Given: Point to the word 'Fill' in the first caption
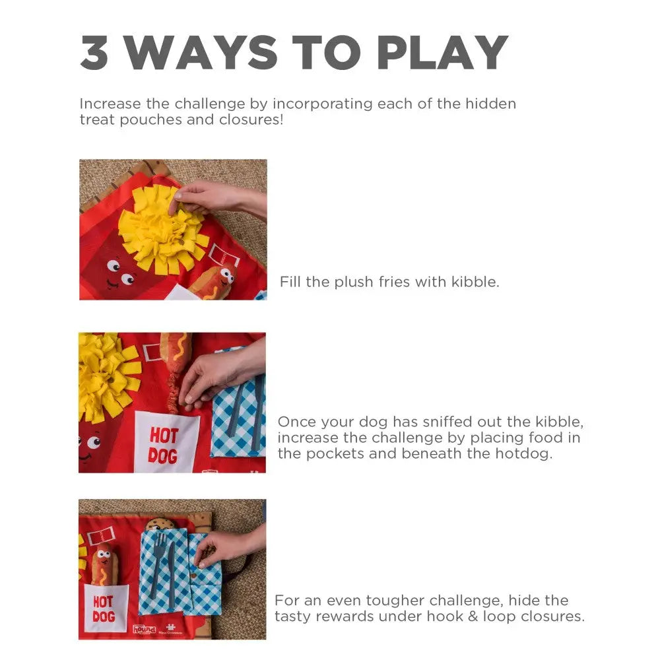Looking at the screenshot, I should pyautogui.click(x=290, y=282).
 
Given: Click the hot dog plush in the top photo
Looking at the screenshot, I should pyautogui.click(x=214, y=280).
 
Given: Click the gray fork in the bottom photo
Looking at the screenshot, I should pyautogui.click(x=158, y=564).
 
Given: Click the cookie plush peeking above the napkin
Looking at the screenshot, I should pyautogui.click(x=160, y=524).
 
